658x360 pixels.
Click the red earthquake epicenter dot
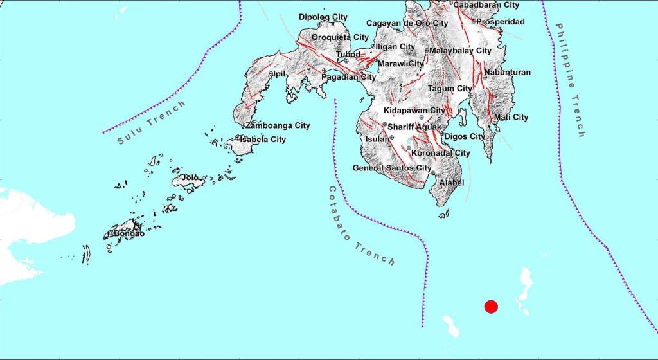point(491,307)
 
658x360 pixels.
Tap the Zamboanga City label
point(278,126)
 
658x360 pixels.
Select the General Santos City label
point(392,168)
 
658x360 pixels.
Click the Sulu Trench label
point(152,123)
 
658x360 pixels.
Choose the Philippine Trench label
point(570,80)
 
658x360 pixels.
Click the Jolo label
point(190,177)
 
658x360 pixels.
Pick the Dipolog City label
point(323,17)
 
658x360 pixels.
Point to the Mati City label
point(511,117)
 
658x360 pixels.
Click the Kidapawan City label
point(414,111)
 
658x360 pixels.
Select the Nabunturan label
point(508,73)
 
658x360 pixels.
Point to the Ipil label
point(279,75)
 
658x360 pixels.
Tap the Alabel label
point(451,183)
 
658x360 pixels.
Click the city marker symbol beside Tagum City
point(470,96)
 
